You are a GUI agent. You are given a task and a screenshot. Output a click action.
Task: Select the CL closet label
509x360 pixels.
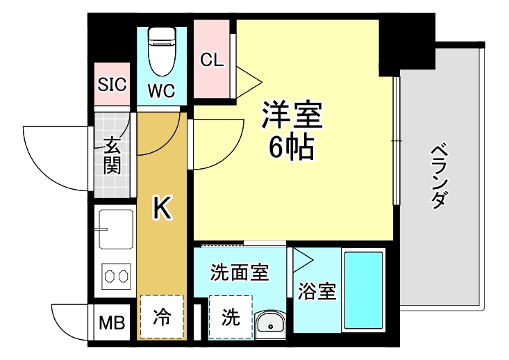pyautogui.click(x=212, y=60)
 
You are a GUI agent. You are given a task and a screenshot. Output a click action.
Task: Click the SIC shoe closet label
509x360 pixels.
pyautogui.click(x=111, y=85)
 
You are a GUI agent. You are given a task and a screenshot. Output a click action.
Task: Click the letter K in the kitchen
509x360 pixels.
pyautogui.click(x=161, y=207)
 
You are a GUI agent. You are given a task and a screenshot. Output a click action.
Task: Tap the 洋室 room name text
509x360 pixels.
pyautogui.click(x=292, y=115)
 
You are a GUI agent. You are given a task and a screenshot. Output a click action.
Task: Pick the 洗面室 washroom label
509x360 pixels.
pyautogui.click(x=239, y=273)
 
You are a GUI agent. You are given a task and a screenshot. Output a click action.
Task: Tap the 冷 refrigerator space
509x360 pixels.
pyautogui.click(x=161, y=317)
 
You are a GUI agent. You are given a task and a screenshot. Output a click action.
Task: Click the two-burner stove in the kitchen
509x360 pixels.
pyautogui.click(x=116, y=276)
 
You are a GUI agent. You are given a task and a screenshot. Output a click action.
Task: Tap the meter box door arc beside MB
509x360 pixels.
pyautogui.click(x=69, y=320)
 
